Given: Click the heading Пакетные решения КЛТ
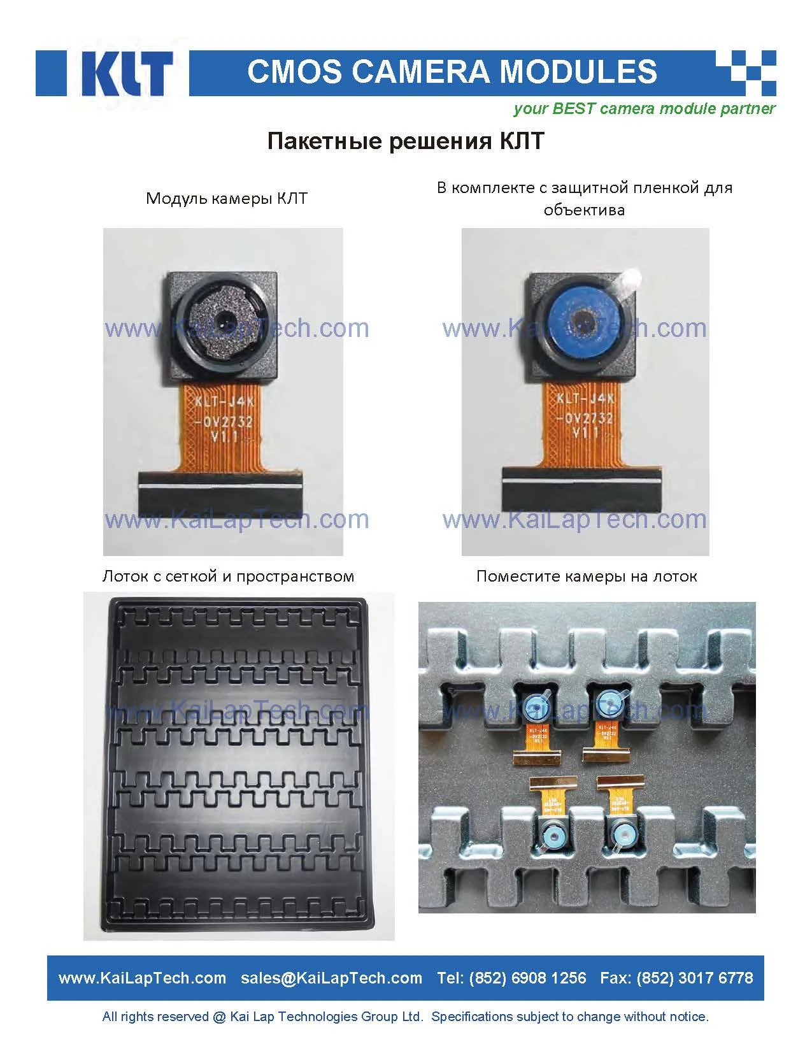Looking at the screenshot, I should (x=406, y=141).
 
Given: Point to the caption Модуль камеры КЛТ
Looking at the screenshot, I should (x=227, y=198).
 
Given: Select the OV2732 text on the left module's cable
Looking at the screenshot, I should (x=224, y=422).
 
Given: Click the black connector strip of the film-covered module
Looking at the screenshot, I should (x=582, y=488).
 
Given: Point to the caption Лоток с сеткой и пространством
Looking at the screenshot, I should (x=228, y=576).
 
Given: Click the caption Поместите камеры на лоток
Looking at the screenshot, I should (x=587, y=576).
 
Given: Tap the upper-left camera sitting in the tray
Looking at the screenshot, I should (x=537, y=705).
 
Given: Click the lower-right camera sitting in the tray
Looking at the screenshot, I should (x=622, y=833).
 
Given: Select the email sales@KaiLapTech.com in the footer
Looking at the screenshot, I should (x=331, y=978).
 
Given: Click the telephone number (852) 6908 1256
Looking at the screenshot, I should (x=527, y=978).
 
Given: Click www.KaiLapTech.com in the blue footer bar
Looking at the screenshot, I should (x=142, y=978).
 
